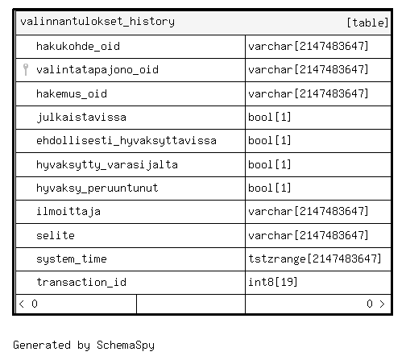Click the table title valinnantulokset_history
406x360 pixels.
coord(97,22)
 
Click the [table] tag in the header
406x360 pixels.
coord(367,23)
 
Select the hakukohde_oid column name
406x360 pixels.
coord(78,47)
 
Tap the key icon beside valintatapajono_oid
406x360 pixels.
coord(26,70)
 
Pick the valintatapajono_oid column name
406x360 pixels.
coord(97,70)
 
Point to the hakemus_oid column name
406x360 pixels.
coord(72,94)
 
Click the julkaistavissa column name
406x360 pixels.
coord(81,118)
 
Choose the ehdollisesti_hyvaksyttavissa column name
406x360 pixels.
coord(126,141)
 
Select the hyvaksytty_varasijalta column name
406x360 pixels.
coord(107,164)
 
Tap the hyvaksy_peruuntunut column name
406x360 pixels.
coord(97,188)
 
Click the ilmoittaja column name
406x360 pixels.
coord(68,212)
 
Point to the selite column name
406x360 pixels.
coord(56,235)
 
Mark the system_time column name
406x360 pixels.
coord(72,259)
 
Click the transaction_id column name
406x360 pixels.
coord(81,283)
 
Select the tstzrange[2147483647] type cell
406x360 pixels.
coord(315,259)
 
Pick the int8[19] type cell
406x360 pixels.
coord(273,282)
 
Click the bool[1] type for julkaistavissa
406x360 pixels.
coord(270,117)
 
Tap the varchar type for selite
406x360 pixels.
coord(309,235)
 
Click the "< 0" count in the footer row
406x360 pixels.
coord(28,304)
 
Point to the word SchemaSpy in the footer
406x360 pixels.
coord(126,346)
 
